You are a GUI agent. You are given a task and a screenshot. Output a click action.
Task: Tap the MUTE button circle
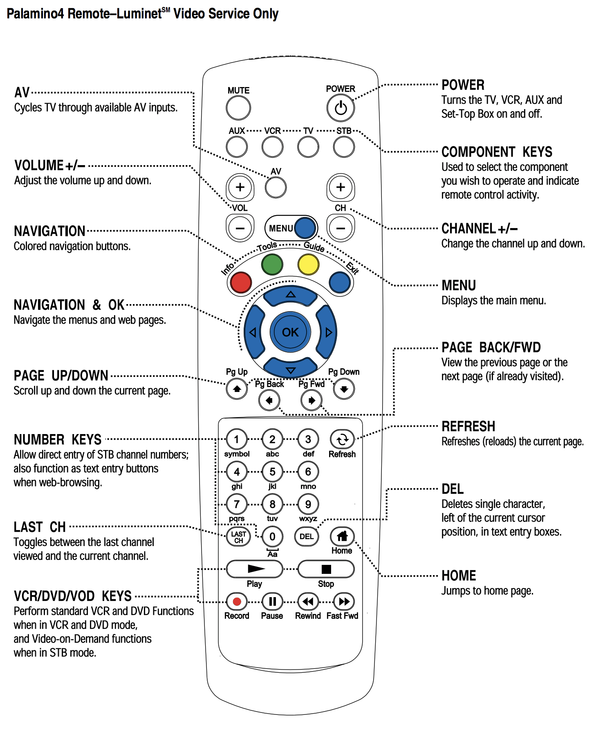tap(238, 108)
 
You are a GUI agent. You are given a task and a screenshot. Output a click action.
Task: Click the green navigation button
tap(272, 264)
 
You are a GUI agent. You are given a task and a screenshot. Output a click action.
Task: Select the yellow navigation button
tap(308, 264)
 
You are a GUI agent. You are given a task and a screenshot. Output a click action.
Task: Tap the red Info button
tap(241, 282)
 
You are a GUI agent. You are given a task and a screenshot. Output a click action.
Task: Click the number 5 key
tap(272, 472)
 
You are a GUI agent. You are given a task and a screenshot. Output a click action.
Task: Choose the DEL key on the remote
tap(307, 536)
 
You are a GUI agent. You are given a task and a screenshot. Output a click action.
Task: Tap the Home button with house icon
tap(342, 536)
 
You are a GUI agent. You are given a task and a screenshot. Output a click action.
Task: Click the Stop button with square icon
tap(326, 569)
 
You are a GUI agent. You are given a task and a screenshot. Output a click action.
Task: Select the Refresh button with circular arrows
tap(342, 439)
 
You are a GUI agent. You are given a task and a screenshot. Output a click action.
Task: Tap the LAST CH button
tap(238, 537)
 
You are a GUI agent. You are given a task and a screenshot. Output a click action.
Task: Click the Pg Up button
tap(237, 389)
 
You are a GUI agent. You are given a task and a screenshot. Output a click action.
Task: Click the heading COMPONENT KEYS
tap(497, 152)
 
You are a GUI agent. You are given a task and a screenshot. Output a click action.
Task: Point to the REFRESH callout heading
tap(468, 426)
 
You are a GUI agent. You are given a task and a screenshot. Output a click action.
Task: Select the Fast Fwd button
tap(344, 601)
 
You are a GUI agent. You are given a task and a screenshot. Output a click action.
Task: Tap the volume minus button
tap(240, 228)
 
